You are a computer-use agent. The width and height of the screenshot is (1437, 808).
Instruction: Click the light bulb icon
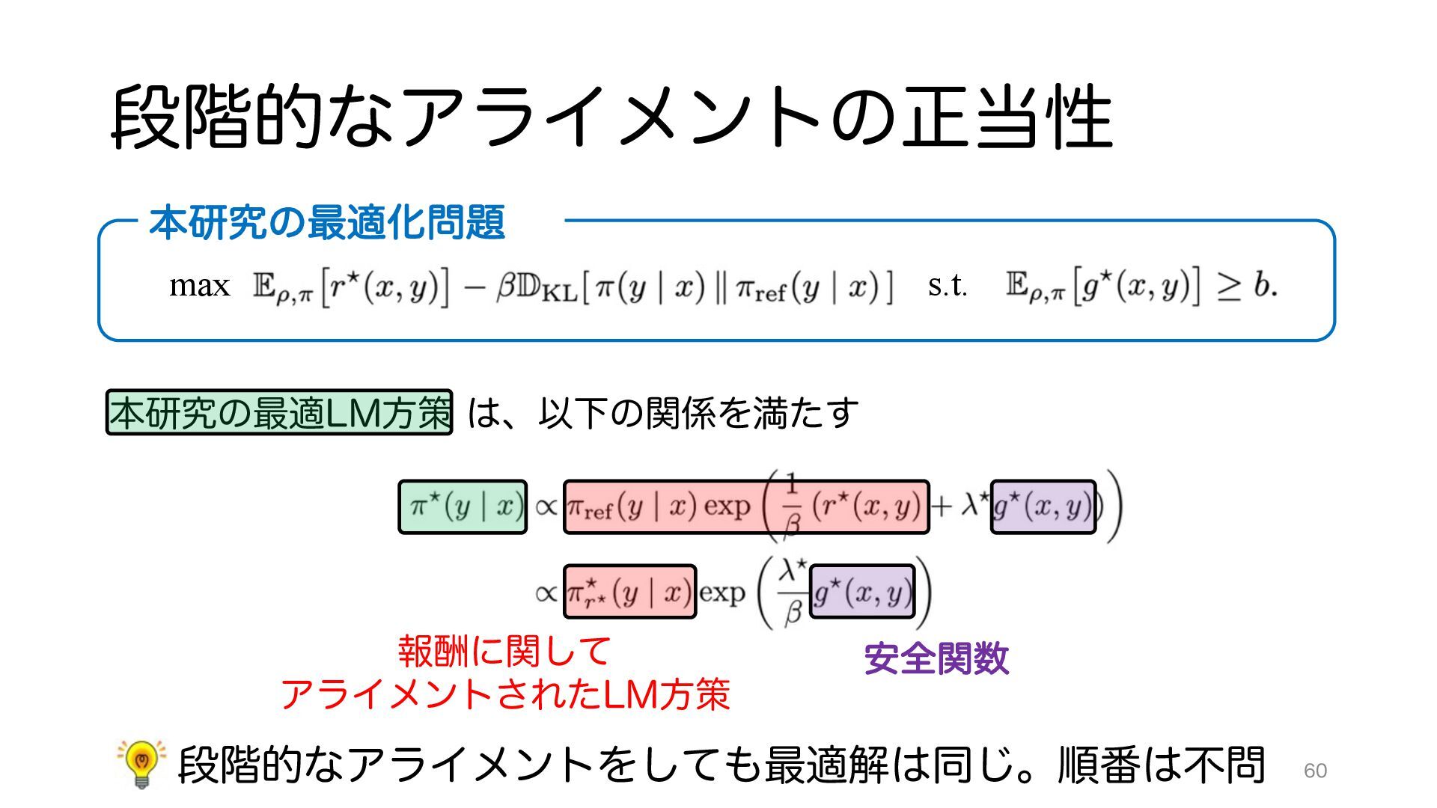tap(141, 763)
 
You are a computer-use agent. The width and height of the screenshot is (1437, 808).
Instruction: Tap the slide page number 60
tap(1315, 771)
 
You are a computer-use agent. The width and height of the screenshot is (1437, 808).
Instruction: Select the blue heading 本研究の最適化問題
tap(327, 222)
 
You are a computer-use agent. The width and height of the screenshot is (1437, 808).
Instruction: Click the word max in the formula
tap(199, 286)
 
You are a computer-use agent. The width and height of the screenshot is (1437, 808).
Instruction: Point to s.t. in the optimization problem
tap(947, 286)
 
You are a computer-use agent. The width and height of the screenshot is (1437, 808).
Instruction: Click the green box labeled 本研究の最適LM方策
tap(279, 412)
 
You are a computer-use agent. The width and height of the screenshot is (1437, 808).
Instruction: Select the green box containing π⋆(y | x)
tap(463, 507)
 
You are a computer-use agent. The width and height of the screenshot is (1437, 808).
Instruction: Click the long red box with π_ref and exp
tap(745, 507)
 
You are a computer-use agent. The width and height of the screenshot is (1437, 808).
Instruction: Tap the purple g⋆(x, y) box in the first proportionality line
tap(1043, 507)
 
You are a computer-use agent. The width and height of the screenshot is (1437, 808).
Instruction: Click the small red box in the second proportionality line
tap(629, 592)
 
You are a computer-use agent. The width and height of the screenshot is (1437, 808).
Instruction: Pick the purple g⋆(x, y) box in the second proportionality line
tap(862, 592)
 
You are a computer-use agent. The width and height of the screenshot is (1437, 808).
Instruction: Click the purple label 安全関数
tap(936, 659)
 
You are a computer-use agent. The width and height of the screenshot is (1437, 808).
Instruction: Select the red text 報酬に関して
tap(505, 651)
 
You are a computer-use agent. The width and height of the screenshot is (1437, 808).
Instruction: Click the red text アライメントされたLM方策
tap(505, 694)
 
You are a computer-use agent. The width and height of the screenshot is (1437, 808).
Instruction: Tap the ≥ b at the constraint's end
tap(1247, 286)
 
